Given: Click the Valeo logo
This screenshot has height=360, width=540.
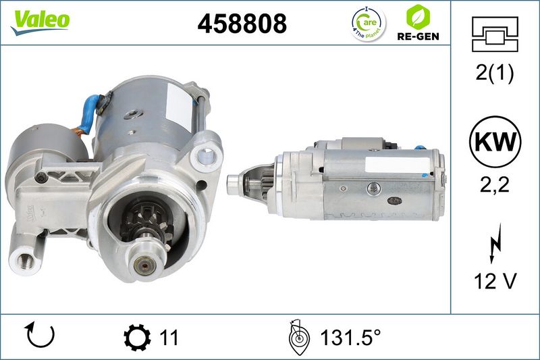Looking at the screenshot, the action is pyautogui.click(x=40, y=22).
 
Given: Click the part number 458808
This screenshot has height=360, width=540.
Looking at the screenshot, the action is pyautogui.click(x=242, y=24).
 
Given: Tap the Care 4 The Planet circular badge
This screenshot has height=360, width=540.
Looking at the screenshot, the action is pyautogui.click(x=369, y=24).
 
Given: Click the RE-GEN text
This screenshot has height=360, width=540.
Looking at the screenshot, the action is pyautogui.click(x=418, y=36).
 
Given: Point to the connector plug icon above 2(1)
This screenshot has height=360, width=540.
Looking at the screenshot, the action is pyautogui.click(x=495, y=34).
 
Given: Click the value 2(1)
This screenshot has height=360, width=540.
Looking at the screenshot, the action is pyautogui.click(x=495, y=73).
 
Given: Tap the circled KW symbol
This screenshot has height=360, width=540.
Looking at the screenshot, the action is pyautogui.click(x=495, y=142).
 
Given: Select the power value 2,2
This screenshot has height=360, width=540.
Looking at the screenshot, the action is pyautogui.click(x=495, y=185).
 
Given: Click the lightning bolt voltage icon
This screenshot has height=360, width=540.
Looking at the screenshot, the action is pyautogui.click(x=495, y=243).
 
